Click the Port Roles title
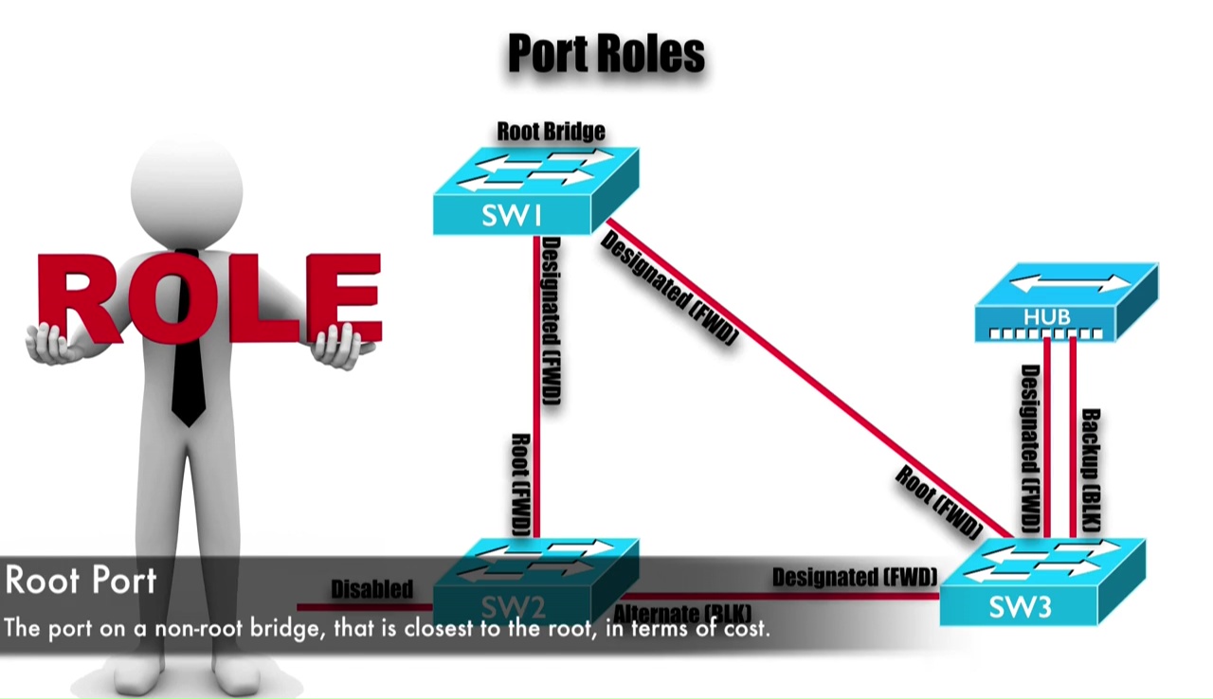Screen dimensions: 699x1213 (606, 54)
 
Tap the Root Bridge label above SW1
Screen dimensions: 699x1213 (551, 131)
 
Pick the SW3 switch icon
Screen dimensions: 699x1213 (1041, 582)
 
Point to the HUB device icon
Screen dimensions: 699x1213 (1065, 302)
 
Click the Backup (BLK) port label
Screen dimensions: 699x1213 (1091, 469)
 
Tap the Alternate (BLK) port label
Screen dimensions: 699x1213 (682, 613)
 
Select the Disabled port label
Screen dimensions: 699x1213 (371, 589)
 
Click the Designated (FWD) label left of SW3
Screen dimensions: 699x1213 (854, 577)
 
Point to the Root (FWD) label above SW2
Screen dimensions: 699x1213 (520, 484)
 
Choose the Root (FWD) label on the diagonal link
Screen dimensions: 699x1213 (937, 503)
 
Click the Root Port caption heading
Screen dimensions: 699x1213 (81, 580)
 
